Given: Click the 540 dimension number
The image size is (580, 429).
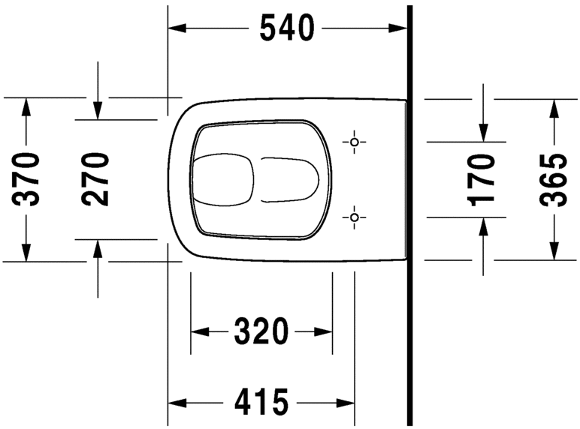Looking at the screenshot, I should click(x=285, y=28).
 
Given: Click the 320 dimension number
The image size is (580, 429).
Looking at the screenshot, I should click(x=261, y=331).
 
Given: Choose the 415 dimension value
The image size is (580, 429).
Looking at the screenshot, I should click(x=261, y=403).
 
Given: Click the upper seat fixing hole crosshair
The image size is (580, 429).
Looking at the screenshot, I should click(x=355, y=141).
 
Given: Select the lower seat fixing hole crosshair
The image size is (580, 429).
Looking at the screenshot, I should click(x=355, y=217).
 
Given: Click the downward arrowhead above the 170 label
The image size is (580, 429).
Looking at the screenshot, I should click(x=483, y=132).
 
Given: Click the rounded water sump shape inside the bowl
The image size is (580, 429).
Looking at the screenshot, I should click(x=222, y=179).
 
